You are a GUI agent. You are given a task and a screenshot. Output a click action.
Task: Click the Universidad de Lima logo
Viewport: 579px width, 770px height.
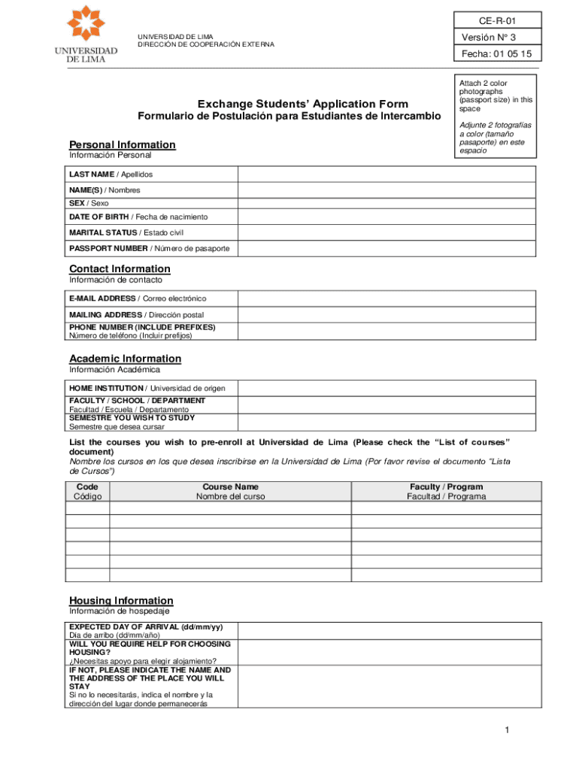click(x=86, y=35)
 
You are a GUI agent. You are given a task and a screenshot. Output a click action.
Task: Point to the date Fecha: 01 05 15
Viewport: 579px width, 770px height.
click(x=496, y=54)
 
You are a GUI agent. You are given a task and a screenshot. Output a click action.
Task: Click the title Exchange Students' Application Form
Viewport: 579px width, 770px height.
click(x=303, y=104)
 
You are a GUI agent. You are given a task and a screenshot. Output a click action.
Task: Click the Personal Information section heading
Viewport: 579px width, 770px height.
click(x=123, y=144)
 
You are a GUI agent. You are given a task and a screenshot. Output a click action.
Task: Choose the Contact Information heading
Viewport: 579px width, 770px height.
click(x=120, y=268)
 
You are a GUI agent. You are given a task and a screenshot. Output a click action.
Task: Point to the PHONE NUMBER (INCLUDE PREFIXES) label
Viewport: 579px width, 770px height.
click(x=142, y=327)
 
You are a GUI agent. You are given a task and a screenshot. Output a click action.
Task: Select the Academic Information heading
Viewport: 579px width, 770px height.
click(x=125, y=358)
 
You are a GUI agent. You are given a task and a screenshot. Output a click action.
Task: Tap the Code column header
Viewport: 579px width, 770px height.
click(x=87, y=492)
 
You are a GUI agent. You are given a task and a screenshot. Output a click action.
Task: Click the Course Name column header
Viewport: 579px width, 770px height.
click(x=230, y=492)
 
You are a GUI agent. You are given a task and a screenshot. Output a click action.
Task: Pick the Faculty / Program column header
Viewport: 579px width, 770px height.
click(x=446, y=492)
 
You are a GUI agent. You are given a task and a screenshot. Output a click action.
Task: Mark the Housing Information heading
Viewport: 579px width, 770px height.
click(x=121, y=600)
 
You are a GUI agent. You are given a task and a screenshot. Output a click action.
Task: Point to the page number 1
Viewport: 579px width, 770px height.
click(x=508, y=730)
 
